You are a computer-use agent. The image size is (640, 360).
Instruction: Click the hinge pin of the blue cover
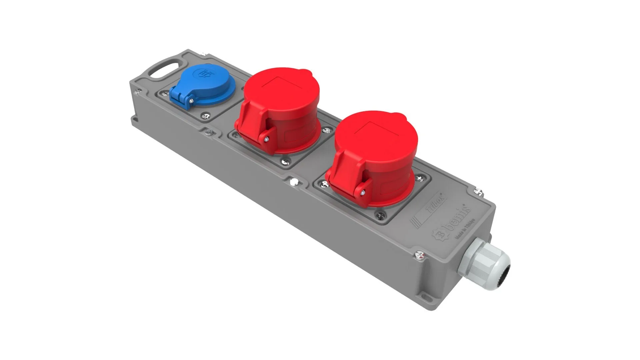[191, 100]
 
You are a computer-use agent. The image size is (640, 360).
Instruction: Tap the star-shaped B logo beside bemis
[440, 234]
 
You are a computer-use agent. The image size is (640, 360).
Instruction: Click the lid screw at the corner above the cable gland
[478, 192]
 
